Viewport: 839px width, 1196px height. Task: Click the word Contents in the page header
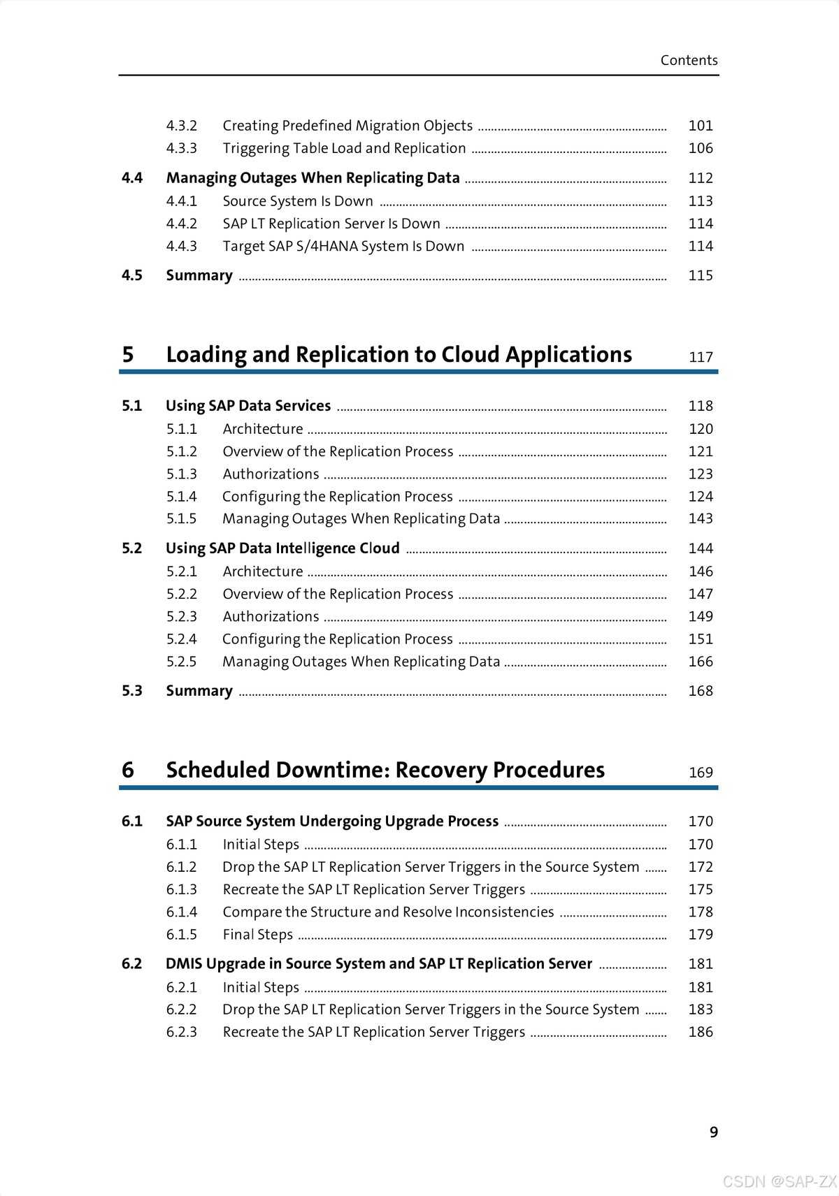(x=689, y=60)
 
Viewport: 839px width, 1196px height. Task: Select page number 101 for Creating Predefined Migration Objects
(x=701, y=126)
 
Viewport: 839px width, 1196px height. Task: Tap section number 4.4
(x=132, y=178)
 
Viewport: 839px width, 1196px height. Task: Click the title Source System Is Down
(x=298, y=201)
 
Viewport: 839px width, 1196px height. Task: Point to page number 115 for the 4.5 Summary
(x=701, y=275)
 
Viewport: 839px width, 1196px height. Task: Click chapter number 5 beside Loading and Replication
(x=128, y=355)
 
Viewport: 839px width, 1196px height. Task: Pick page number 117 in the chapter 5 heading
(x=701, y=357)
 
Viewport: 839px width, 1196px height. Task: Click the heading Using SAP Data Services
(x=248, y=406)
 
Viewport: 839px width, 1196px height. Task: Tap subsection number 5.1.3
(x=182, y=474)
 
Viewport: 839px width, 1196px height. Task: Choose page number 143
(x=701, y=518)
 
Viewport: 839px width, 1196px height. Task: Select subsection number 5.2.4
(x=182, y=639)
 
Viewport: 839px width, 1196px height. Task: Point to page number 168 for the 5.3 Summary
(x=701, y=691)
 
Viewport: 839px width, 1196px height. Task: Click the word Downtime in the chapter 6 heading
(x=331, y=770)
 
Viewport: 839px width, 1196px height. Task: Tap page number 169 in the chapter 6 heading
(x=701, y=773)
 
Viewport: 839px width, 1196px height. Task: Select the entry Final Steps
(x=257, y=935)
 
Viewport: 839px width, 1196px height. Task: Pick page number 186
(x=701, y=1032)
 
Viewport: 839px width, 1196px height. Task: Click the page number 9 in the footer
(x=714, y=1132)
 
